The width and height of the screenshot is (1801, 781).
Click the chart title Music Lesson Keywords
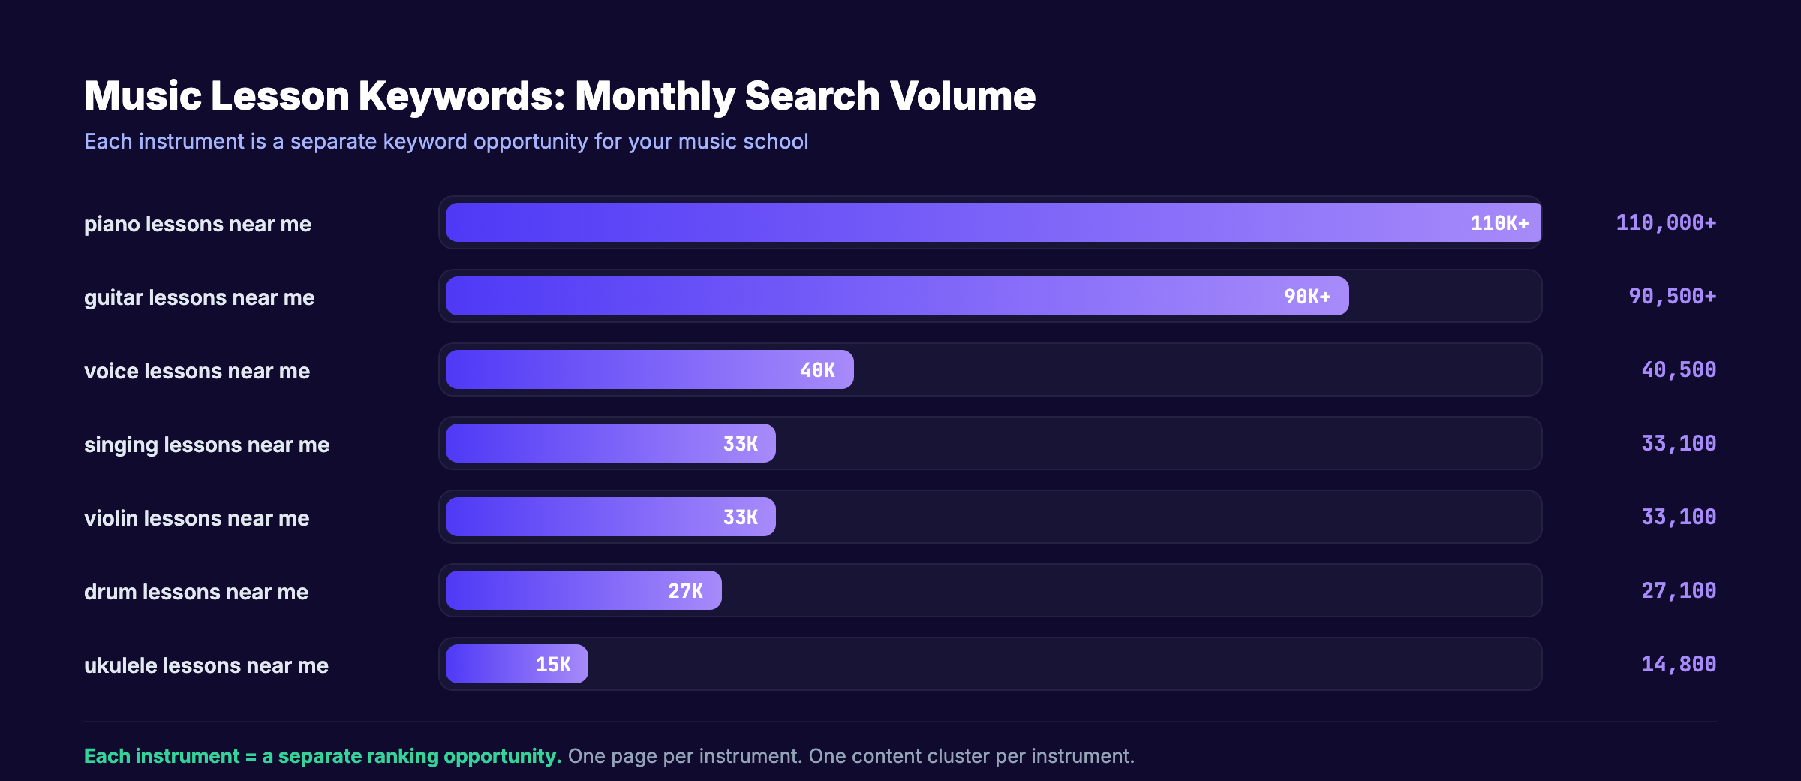click(559, 96)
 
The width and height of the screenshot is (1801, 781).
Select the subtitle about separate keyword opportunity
click(446, 141)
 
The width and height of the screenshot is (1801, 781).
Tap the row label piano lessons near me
click(197, 224)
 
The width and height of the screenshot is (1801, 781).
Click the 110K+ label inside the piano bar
click(1499, 223)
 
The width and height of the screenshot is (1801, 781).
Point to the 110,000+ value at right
click(1665, 222)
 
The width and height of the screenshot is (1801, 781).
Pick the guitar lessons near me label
click(199, 297)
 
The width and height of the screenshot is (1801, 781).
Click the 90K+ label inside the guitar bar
click(1306, 297)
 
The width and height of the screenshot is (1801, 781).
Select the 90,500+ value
click(1672, 296)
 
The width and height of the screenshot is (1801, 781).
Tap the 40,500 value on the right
click(1678, 369)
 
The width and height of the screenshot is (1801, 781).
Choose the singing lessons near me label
click(206, 445)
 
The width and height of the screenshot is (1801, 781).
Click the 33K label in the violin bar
click(740, 517)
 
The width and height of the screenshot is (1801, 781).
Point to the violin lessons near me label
click(197, 518)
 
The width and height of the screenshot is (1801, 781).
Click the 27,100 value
click(1678, 590)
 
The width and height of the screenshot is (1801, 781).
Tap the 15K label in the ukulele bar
click(553, 665)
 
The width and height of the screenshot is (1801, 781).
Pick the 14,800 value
click(1678, 664)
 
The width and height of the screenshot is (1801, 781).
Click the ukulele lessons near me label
click(206, 665)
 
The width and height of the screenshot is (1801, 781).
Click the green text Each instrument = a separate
click(322, 756)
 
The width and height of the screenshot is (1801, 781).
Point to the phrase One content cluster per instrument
click(971, 756)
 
